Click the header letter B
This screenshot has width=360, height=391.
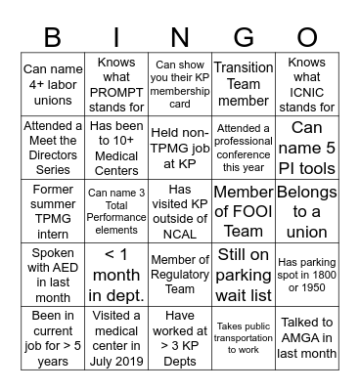click(53, 38)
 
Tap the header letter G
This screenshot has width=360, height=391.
click(243, 38)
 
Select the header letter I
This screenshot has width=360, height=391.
click(117, 38)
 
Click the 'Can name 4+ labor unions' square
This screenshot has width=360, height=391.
click(53, 83)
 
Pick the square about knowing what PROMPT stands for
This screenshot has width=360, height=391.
click(116, 83)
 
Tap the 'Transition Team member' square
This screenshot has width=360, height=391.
click(243, 83)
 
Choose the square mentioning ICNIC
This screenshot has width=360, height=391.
click(306, 83)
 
